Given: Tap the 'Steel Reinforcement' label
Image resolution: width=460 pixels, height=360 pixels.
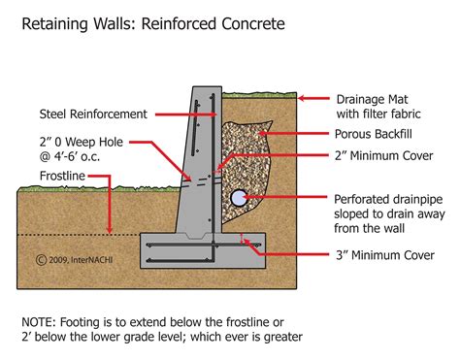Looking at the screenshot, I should [x=93, y=113].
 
